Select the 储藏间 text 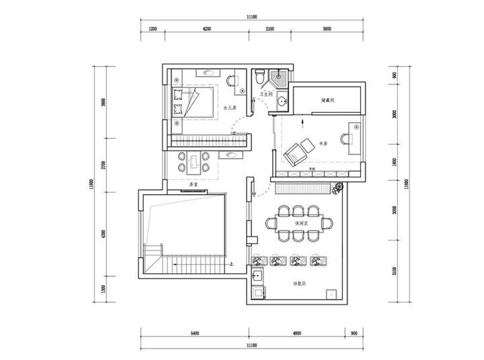point(327,100)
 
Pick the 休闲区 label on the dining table point(300,223)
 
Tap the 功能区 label point(299,284)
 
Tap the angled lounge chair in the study point(296,154)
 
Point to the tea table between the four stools point(194,161)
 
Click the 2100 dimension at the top point(270,29)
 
